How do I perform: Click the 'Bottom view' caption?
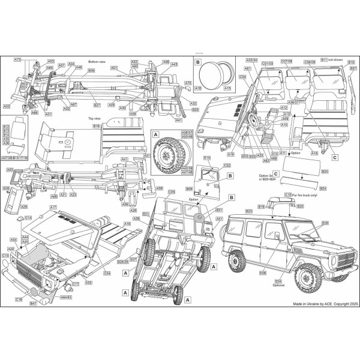[x=97, y=62]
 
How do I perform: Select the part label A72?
[x=18, y=60]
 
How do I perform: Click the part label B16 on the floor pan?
[x=96, y=127]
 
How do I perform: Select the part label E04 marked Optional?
[x=278, y=280]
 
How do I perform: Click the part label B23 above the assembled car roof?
[x=249, y=211]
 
